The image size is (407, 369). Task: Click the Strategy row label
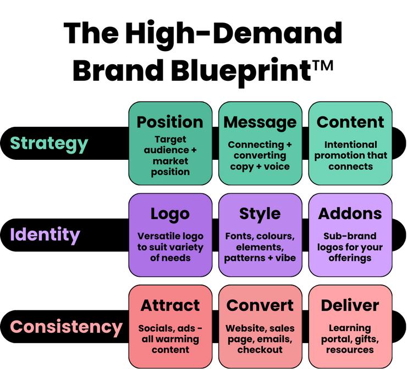49,143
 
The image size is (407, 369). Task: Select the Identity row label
45,235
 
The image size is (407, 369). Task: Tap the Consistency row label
66,327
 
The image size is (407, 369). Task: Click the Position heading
170,122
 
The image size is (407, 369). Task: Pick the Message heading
260,122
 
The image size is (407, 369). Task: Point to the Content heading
350,122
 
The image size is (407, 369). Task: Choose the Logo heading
170,214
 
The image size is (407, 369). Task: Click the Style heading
260,214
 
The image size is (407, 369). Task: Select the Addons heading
350,214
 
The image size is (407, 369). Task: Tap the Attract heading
170,305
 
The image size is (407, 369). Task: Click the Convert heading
260,305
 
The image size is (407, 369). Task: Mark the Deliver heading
350,305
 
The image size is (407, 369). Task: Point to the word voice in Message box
277,166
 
